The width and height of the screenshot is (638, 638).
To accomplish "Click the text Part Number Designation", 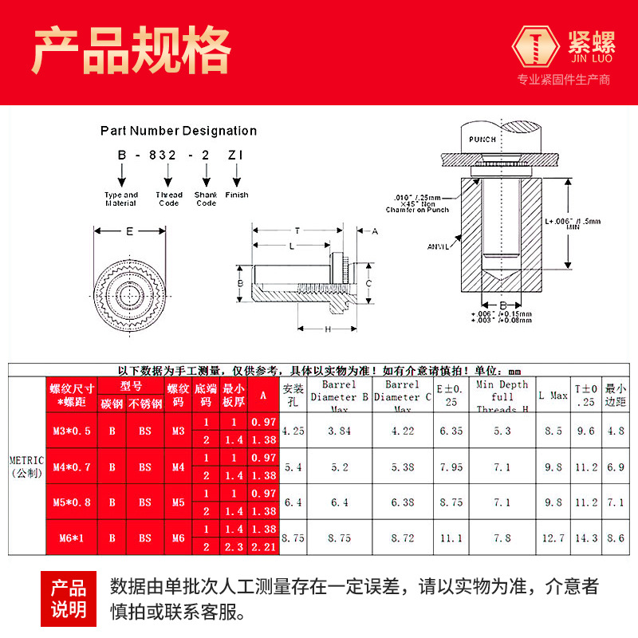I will pyautogui.click(x=179, y=131).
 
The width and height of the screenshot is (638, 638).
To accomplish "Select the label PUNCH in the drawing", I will pyautogui.click(x=482, y=139).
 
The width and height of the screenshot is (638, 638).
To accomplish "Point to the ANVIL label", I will pyautogui.click(x=439, y=246).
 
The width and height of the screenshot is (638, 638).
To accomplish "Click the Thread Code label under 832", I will pyautogui.click(x=169, y=199).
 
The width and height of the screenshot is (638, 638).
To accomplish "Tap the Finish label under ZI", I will pyautogui.click(x=237, y=195).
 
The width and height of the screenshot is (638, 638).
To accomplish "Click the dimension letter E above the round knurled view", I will pyautogui.click(x=130, y=231).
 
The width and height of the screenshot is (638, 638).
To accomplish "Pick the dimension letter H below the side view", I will pyautogui.click(x=327, y=329).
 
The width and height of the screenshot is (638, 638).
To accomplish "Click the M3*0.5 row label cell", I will pyautogui.click(x=72, y=431).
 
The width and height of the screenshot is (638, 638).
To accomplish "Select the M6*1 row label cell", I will pyautogui.click(x=72, y=538).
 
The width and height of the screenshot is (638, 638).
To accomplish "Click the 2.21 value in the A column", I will pyautogui.click(x=263, y=546).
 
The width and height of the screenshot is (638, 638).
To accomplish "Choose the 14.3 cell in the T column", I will pyautogui.click(x=586, y=538).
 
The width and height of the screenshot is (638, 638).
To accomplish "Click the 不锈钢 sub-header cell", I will pyautogui.click(x=144, y=404).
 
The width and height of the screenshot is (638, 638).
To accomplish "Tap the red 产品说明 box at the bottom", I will pyautogui.click(x=69, y=599).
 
